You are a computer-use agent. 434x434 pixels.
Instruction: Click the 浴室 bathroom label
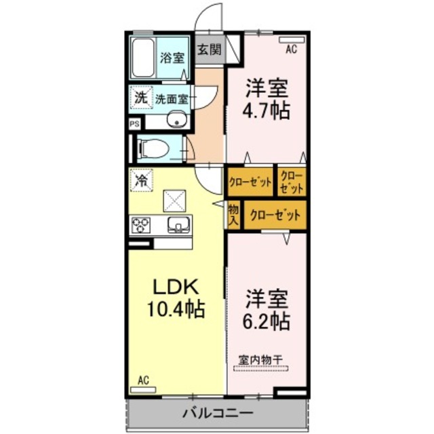tap(172, 58)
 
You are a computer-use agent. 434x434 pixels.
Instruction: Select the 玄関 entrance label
tap(210, 50)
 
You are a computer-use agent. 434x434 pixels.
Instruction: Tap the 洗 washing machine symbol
tap(140, 98)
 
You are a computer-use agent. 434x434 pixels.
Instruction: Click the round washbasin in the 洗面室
tap(179, 122)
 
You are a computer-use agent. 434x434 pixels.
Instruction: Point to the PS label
tap(134, 124)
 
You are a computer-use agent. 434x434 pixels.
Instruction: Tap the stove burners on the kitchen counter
tap(141, 224)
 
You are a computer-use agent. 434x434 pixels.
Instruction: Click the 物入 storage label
tap(233, 215)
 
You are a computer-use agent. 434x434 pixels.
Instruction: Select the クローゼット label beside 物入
tap(275, 215)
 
